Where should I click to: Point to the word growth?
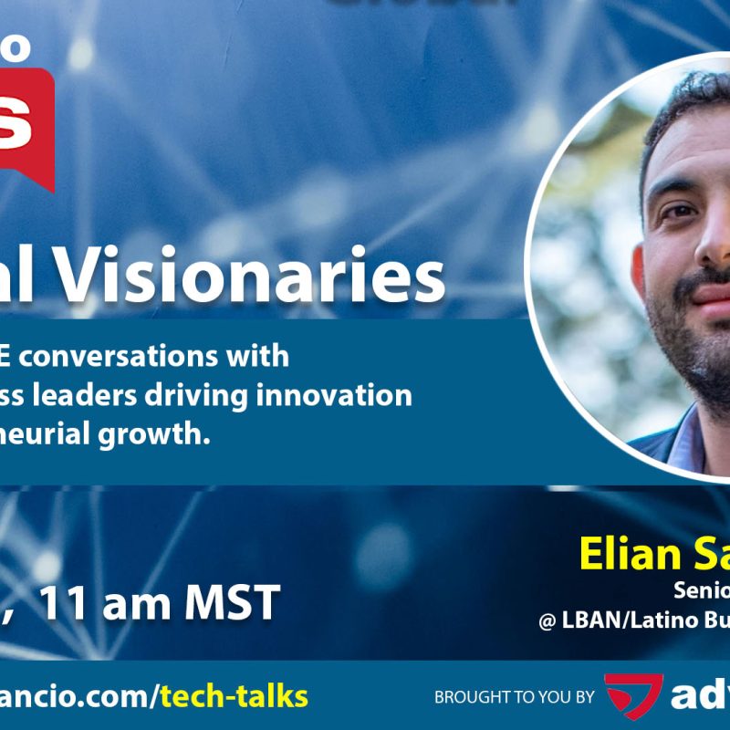pos(158,434)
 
